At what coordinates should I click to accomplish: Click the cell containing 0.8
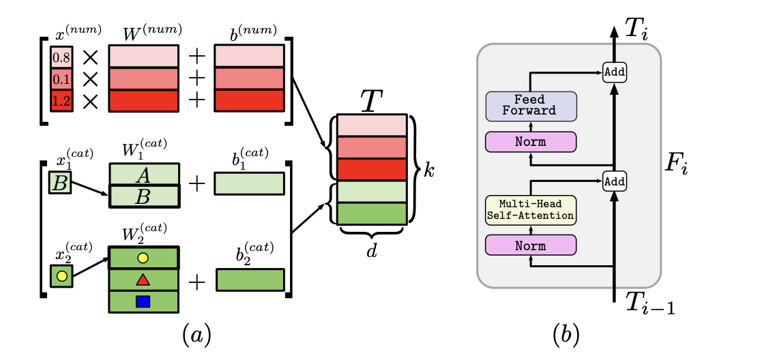pyautogui.click(x=61, y=57)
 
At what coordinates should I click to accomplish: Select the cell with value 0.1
pyautogui.click(x=61, y=79)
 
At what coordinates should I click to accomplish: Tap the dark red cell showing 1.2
pyautogui.click(x=61, y=101)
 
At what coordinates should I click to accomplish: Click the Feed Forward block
pyautogui.click(x=531, y=105)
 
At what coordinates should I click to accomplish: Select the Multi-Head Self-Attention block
pyautogui.click(x=531, y=209)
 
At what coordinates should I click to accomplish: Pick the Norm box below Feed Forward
pyautogui.click(x=531, y=141)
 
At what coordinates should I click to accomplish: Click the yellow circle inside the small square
pyautogui.click(x=61, y=276)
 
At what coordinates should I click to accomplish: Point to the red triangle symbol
pyautogui.click(x=143, y=280)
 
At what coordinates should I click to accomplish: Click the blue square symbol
pyautogui.click(x=143, y=301)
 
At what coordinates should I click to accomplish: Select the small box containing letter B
pyautogui.click(x=60, y=183)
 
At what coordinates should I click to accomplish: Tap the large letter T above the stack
pyautogui.click(x=371, y=101)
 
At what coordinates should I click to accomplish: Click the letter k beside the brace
pyautogui.click(x=428, y=170)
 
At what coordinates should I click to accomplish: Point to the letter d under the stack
pyautogui.click(x=371, y=253)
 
